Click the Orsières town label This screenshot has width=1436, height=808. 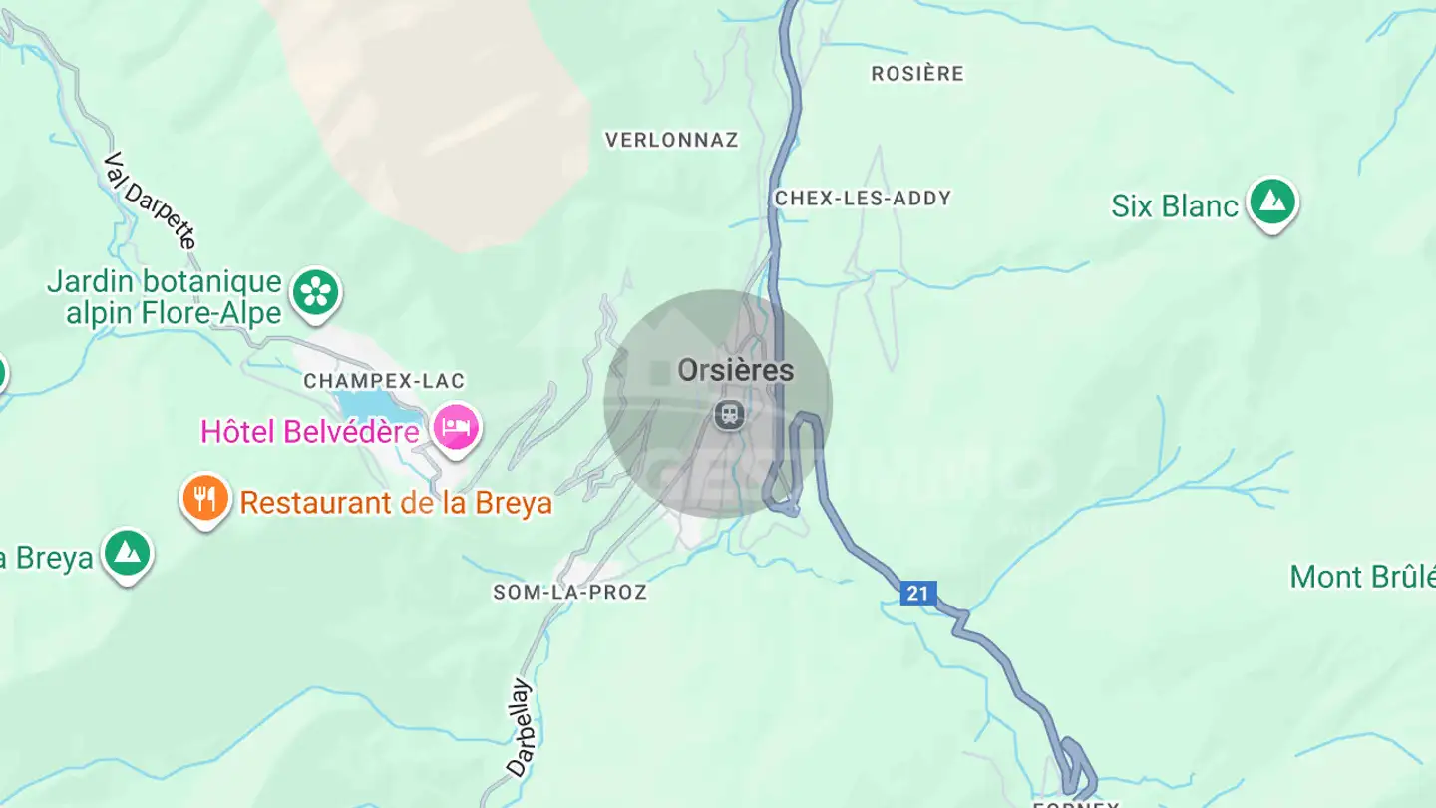(x=736, y=371)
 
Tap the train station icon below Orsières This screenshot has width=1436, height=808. (x=730, y=415)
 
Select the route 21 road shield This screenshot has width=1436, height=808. (x=917, y=594)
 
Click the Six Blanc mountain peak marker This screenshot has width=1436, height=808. (x=1272, y=202)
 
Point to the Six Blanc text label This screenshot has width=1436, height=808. (x=1175, y=206)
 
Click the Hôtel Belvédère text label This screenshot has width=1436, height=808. (x=309, y=432)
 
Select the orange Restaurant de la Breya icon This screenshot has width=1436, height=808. (x=205, y=498)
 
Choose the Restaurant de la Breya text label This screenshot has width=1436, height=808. (x=396, y=502)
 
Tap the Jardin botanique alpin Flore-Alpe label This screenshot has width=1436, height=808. (x=165, y=297)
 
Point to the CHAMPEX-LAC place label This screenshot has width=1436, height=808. (x=384, y=381)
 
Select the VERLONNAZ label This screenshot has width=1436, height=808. (x=672, y=141)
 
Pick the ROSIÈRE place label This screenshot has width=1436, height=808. (x=917, y=74)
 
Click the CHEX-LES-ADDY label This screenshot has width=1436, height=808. (x=863, y=199)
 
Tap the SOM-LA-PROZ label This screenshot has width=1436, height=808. (x=570, y=593)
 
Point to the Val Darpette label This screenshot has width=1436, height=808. (x=151, y=201)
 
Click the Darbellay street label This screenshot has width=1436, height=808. (x=521, y=728)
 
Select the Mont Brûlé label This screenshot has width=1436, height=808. (x=1362, y=577)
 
